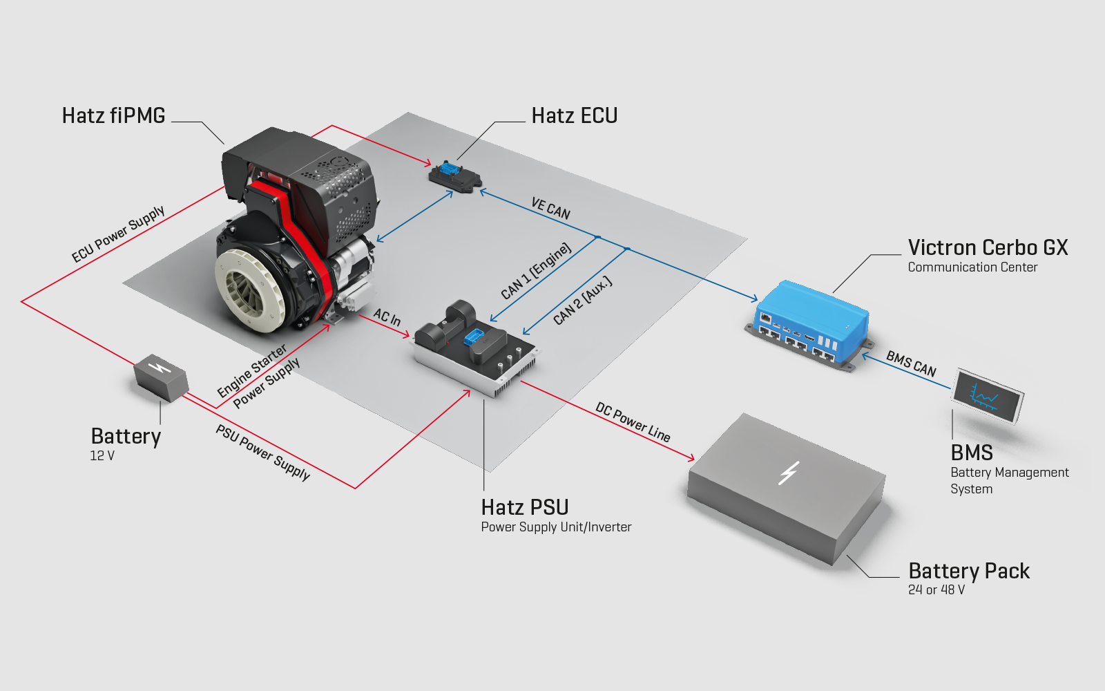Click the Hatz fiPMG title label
(113, 115)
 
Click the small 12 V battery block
(160, 377)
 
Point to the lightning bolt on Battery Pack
(788, 473)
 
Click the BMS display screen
(987, 396)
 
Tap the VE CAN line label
(550, 208)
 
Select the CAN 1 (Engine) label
(537, 271)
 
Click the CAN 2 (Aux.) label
(583, 301)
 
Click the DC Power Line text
(633, 422)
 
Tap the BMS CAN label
(911, 364)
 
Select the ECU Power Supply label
(118, 234)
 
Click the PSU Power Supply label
(262, 452)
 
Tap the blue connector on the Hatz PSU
(474, 338)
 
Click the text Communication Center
(972, 267)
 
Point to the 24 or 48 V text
(936, 589)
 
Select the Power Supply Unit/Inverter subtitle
(556, 527)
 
